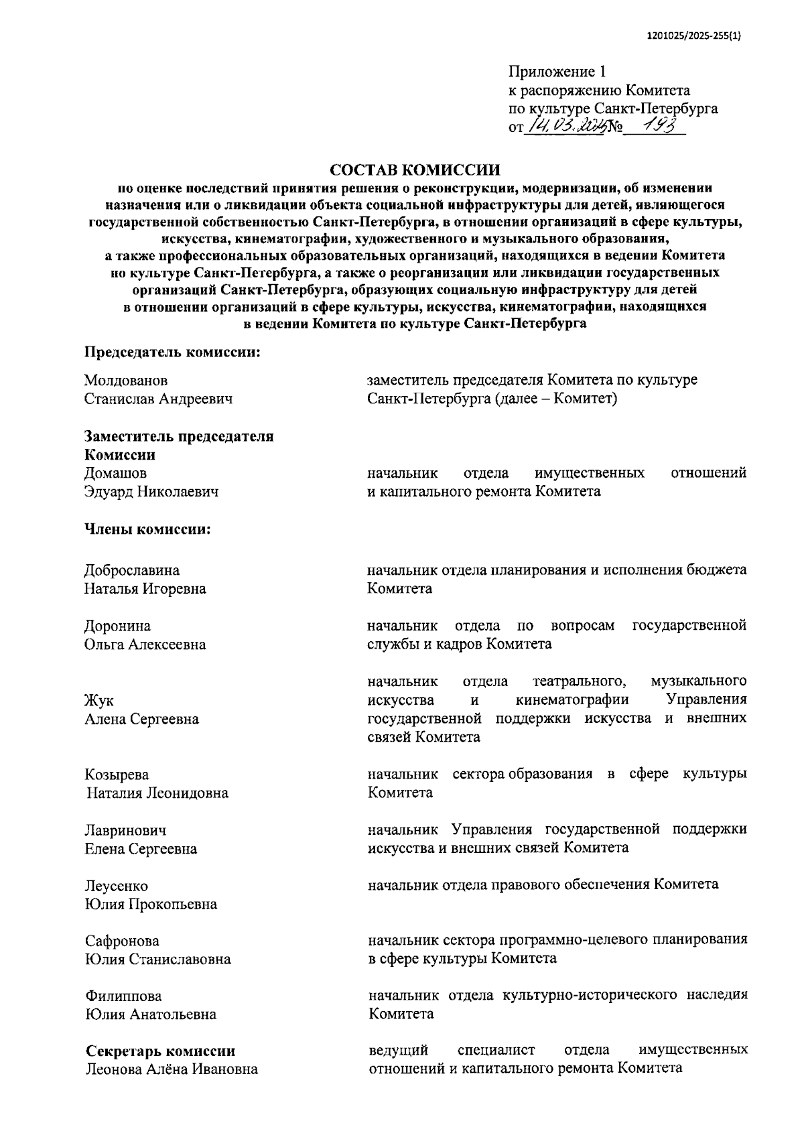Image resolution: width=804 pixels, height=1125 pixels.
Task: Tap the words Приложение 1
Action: [x=557, y=72]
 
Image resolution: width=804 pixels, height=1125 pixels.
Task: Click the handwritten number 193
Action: [x=654, y=125]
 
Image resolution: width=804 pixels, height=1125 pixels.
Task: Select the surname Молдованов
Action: [x=126, y=381]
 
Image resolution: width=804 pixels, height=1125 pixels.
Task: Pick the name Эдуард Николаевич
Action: [x=151, y=492]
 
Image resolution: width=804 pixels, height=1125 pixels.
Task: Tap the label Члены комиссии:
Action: [x=147, y=529]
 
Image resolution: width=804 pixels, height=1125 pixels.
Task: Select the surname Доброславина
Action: [x=132, y=570]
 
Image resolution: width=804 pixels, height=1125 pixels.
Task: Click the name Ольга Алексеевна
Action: [x=145, y=645]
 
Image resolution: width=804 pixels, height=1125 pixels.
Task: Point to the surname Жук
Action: [x=99, y=701]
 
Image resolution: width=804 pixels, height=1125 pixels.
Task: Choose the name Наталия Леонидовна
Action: [x=157, y=793]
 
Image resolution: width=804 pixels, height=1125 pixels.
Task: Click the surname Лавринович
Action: [x=125, y=831]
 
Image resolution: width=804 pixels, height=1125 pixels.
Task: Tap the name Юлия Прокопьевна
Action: [x=151, y=905]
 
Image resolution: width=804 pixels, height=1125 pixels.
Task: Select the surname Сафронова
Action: [x=122, y=941]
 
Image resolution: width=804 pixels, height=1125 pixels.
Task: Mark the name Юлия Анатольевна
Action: [x=151, y=1014]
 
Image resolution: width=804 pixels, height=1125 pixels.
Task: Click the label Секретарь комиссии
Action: [x=160, y=1051]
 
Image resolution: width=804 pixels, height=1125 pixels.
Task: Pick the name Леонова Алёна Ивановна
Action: [x=172, y=1069]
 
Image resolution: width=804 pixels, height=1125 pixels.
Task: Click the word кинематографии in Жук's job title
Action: [x=573, y=700]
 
